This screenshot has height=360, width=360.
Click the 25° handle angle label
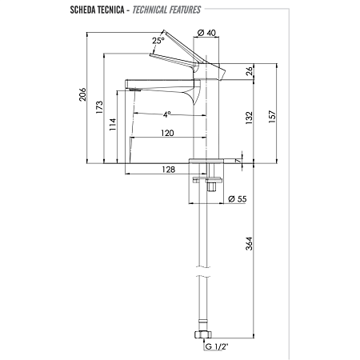click(x=158, y=41)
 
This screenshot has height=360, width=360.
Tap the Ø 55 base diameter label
click(x=237, y=198)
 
